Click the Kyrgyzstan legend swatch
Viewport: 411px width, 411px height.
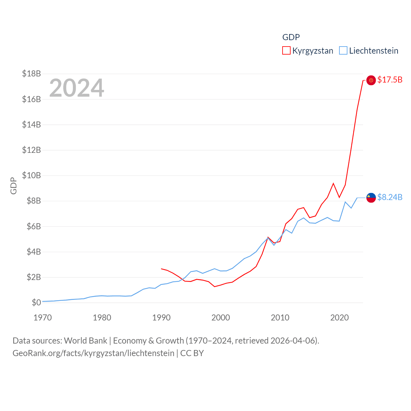[286, 51]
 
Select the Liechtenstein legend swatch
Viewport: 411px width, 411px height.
[343, 51]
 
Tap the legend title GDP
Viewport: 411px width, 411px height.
[291, 37]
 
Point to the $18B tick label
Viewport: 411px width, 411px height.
[31, 74]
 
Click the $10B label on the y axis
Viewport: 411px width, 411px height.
[31, 175]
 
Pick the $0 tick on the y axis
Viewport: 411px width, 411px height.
[36, 302]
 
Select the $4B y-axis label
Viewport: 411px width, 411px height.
[34, 252]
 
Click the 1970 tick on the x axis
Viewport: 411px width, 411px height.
[43, 318]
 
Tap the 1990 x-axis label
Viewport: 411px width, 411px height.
[161, 318]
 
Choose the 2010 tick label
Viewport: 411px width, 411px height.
[280, 318]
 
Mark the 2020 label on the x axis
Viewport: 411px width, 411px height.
[339, 318]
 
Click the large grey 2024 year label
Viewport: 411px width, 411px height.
[76, 88]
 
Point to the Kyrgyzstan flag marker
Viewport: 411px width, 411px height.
[371, 80]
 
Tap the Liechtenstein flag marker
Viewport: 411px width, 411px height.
[371, 198]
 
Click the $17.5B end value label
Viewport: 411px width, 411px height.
[390, 80]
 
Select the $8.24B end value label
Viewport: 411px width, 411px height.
[390, 197]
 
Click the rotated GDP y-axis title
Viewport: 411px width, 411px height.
[13, 186]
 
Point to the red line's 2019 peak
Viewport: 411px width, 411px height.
[333, 183]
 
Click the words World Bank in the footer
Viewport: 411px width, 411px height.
[85, 340]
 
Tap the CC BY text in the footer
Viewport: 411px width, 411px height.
[192, 353]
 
